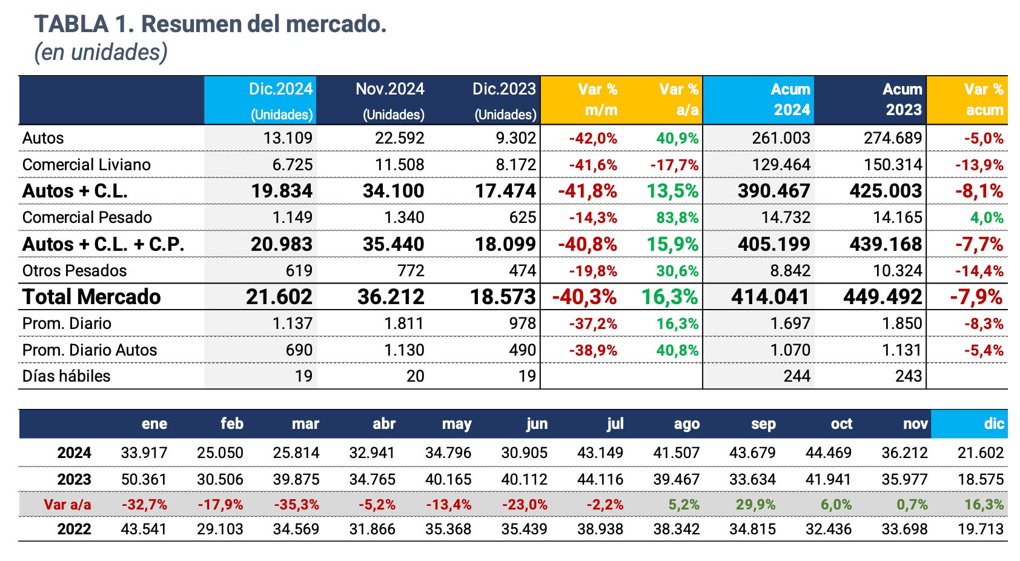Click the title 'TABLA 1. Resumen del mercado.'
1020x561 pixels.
point(210,24)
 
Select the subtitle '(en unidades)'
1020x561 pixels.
point(101,52)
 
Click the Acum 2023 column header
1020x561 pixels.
point(902,99)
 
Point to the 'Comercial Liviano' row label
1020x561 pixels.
point(86,165)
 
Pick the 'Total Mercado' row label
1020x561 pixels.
point(91,297)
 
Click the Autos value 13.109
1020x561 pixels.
point(288,138)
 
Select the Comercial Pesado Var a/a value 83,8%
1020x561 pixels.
point(677,217)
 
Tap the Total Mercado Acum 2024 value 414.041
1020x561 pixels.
point(770,297)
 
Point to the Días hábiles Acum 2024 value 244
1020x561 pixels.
point(796,376)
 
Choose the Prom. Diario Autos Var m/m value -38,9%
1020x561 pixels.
point(593,350)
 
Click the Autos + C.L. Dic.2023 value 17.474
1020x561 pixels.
point(505,191)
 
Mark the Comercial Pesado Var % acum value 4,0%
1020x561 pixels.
point(987,217)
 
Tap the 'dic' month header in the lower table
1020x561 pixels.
point(993,423)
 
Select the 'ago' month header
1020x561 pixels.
point(686,423)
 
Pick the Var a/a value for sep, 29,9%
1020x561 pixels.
point(755,505)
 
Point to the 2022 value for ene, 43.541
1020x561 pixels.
point(144,529)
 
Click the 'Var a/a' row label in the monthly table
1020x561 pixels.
point(67,505)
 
